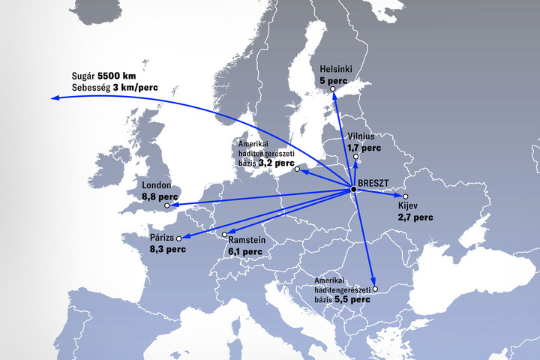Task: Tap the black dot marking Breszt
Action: point(353,188)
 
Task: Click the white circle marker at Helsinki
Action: point(334,90)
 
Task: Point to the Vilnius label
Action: point(366,136)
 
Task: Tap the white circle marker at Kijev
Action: point(406,196)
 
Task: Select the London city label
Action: point(156,186)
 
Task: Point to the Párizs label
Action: point(162,237)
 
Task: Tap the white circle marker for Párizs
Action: point(178,238)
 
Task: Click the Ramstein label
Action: point(247,241)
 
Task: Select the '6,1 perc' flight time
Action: point(245,252)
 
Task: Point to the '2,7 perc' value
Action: point(415,217)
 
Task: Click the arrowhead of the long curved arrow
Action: point(55,98)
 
